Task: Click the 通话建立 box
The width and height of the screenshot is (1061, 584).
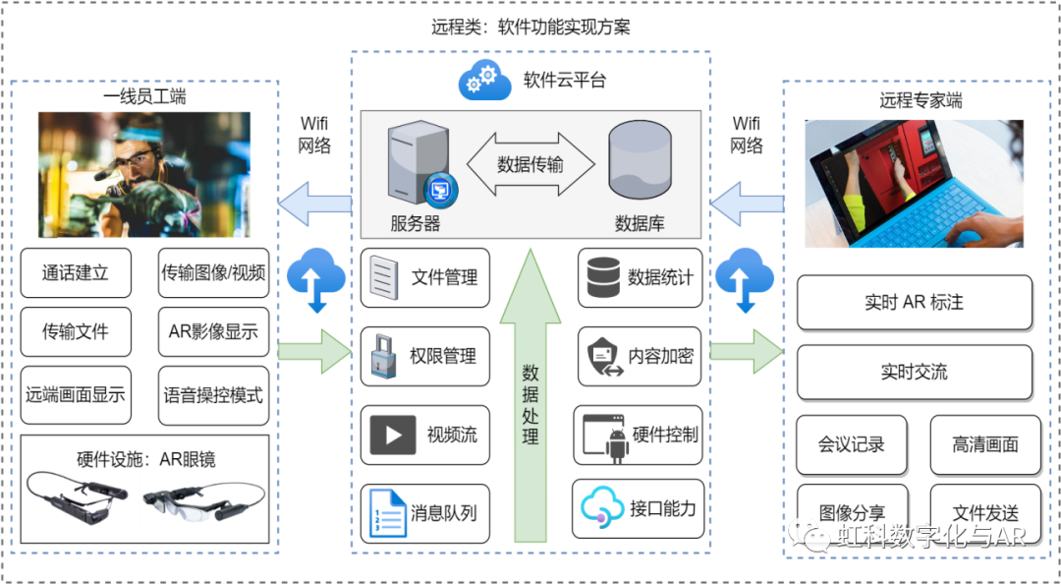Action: [x=76, y=273]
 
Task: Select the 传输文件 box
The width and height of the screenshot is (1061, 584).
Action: [x=76, y=332]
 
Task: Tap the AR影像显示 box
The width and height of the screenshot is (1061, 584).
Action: [x=213, y=332]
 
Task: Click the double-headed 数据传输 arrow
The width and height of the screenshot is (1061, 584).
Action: [x=530, y=164]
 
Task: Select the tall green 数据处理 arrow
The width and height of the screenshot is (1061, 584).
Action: [x=530, y=393]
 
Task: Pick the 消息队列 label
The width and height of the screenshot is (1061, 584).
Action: [x=444, y=512]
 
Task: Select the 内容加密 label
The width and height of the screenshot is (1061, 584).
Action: [x=660, y=356]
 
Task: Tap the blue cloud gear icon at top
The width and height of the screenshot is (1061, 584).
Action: [x=484, y=81]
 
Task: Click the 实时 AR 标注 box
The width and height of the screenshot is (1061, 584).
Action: [x=914, y=303]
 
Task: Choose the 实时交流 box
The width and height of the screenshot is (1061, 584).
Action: [x=914, y=373]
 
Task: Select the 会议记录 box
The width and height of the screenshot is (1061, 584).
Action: [x=851, y=444]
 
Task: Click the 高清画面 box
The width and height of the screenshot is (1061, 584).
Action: [x=985, y=444]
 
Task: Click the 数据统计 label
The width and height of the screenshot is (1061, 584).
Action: [x=660, y=278]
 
